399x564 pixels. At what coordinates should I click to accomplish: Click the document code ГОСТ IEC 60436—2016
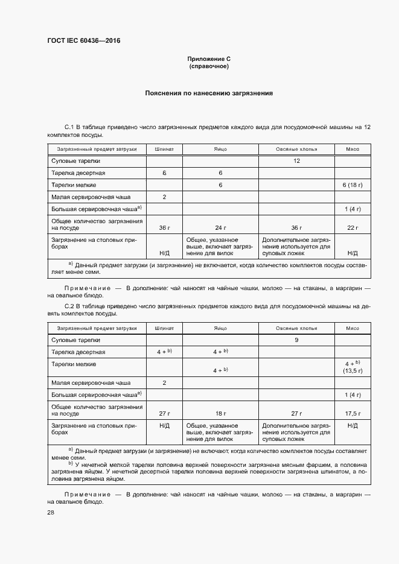(83, 41)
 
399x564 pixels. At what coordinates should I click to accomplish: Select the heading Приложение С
(209, 59)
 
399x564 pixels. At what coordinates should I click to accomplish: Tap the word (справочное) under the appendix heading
(209, 66)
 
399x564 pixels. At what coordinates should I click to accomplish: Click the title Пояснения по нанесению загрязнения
(209, 93)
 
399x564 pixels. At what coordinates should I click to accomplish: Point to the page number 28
(51, 512)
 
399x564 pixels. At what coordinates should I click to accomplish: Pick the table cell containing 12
(296, 161)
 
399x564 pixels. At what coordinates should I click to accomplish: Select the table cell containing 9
(296, 340)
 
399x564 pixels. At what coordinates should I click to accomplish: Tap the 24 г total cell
(220, 227)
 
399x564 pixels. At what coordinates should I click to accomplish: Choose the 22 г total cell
(353, 227)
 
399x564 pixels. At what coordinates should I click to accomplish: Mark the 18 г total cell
(220, 414)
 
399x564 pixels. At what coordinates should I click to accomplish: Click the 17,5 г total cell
(353, 414)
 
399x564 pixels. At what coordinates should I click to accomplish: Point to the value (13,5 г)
(353, 372)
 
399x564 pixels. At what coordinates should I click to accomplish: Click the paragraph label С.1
(69, 127)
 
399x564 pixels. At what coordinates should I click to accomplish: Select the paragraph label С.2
(69, 306)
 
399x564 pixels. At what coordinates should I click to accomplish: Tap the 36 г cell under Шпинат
(164, 227)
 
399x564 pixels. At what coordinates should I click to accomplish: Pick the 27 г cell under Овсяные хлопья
(296, 414)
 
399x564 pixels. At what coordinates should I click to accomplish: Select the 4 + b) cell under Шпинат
(164, 352)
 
